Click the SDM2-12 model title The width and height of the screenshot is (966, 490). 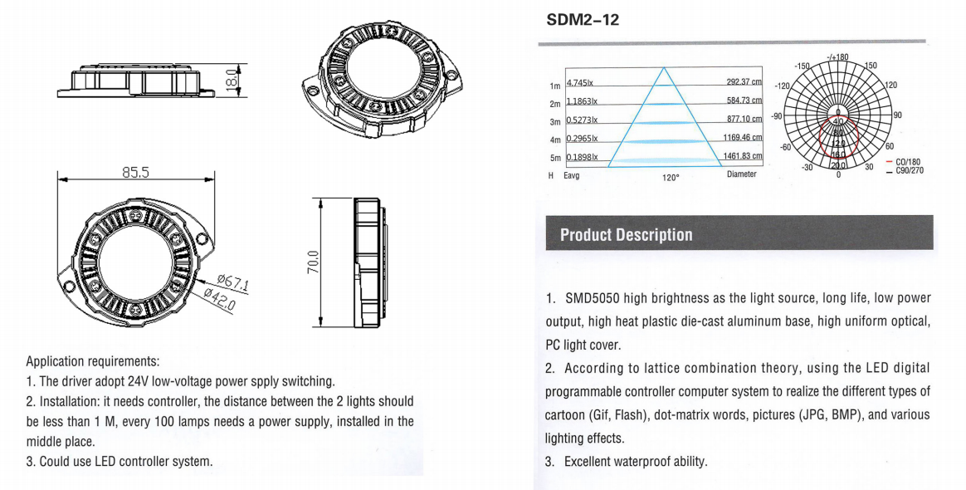pos(583,19)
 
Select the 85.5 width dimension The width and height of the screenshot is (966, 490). pos(135,173)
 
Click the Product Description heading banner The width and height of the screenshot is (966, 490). pos(626,234)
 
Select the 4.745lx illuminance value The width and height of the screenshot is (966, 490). pos(579,82)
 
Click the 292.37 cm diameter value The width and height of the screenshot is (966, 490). pos(744,82)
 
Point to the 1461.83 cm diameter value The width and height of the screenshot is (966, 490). pos(742,156)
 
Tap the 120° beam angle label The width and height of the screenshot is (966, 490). pos(671,178)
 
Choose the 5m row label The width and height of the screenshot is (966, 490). pos(555,158)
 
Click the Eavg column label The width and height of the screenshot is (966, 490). pos(572,176)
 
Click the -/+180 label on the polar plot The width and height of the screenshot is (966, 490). pos(837,56)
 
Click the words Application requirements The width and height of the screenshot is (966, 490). pos(92,361)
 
